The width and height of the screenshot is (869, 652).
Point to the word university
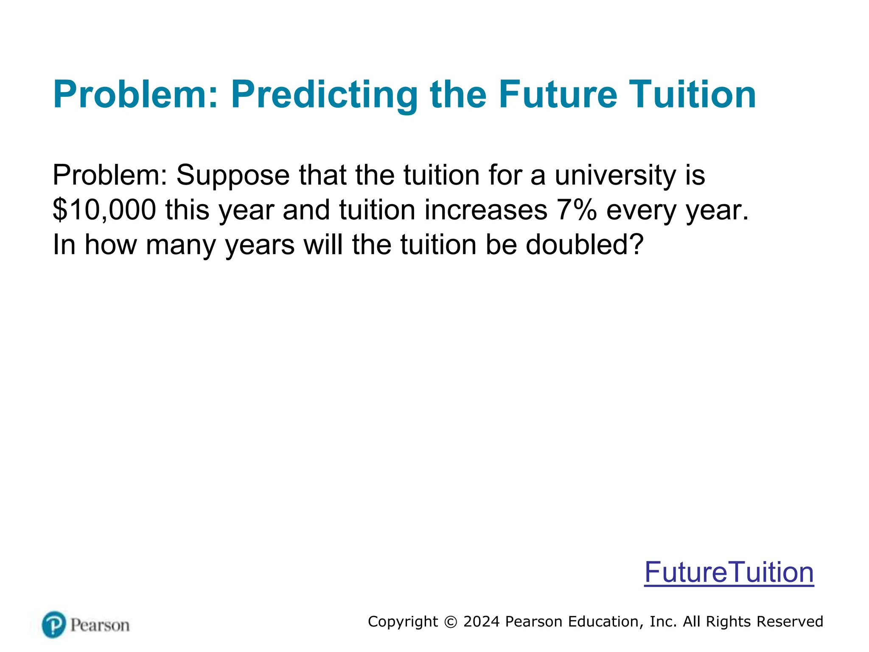click(615, 175)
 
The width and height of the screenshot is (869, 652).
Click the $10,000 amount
click(104, 210)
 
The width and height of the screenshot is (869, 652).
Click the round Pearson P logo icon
click(54, 624)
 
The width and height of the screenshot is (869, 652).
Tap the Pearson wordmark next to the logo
click(100, 625)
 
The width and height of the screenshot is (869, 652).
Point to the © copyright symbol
click(451, 622)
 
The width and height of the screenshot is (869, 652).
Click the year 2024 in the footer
click(481, 621)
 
